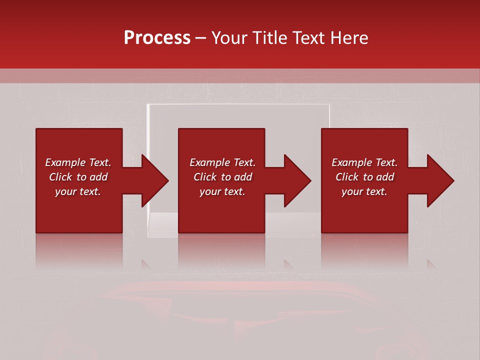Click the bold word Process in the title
157,38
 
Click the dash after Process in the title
200,38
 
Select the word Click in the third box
347,177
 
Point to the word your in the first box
65,191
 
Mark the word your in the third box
352,191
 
